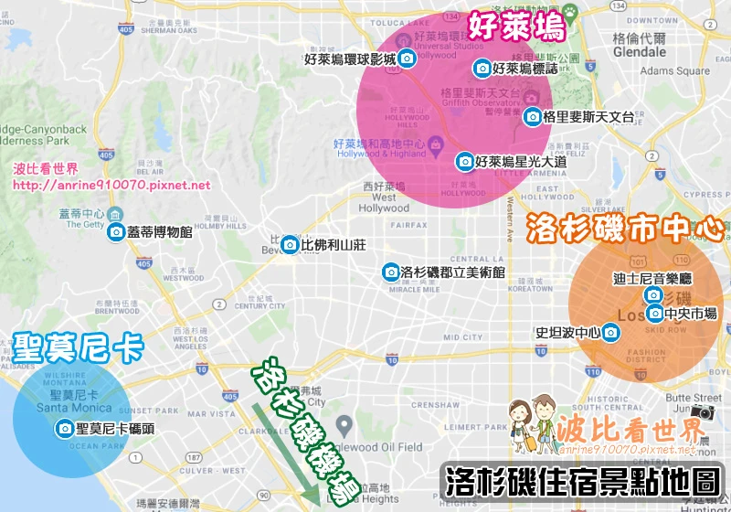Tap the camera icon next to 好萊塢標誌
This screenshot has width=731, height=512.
click(482, 68)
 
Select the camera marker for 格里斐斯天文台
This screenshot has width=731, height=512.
click(533, 117)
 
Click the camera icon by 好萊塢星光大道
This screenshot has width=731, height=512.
click(465, 162)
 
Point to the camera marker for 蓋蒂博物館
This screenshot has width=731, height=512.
click(116, 232)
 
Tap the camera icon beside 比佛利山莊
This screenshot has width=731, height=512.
click(290, 244)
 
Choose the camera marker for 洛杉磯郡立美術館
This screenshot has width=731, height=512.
click(390, 272)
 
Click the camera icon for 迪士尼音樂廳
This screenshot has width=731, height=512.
click(653, 294)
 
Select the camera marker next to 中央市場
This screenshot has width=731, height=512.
click(654, 314)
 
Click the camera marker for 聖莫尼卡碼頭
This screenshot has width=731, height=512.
click(65, 429)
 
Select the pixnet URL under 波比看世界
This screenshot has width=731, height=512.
click(112, 185)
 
